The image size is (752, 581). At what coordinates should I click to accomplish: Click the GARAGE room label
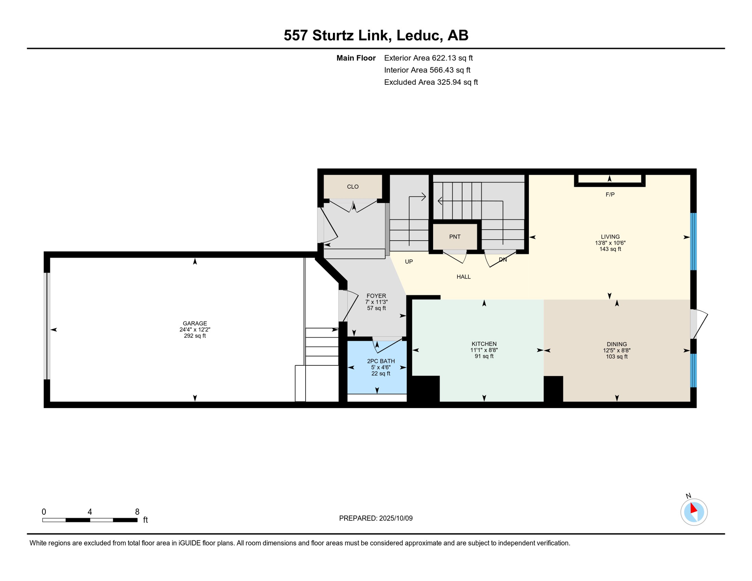195,323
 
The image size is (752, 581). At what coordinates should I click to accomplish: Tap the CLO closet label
353,187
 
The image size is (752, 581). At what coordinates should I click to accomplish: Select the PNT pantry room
455,237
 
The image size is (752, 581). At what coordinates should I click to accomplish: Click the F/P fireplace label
610,195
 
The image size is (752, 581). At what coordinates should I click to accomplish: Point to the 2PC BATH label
381,361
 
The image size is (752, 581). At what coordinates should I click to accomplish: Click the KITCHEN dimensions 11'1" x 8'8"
484,350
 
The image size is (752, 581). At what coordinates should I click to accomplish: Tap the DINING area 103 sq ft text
617,357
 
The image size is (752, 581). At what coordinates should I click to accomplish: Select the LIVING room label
610,237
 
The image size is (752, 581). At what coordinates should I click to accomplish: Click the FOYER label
376,296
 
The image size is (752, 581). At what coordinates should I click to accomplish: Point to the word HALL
463,277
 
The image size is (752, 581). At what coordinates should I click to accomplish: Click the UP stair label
409,262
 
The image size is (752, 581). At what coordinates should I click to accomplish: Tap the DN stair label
502,260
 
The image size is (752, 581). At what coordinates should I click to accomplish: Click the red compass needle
693,508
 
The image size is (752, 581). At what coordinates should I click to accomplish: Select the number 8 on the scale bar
137,512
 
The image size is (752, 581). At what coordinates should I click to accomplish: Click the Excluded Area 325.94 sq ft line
430,82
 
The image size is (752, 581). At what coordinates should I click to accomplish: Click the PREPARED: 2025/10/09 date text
376,518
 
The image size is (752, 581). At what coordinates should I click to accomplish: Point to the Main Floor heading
356,58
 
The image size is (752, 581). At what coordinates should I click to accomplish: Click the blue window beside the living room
693,241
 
